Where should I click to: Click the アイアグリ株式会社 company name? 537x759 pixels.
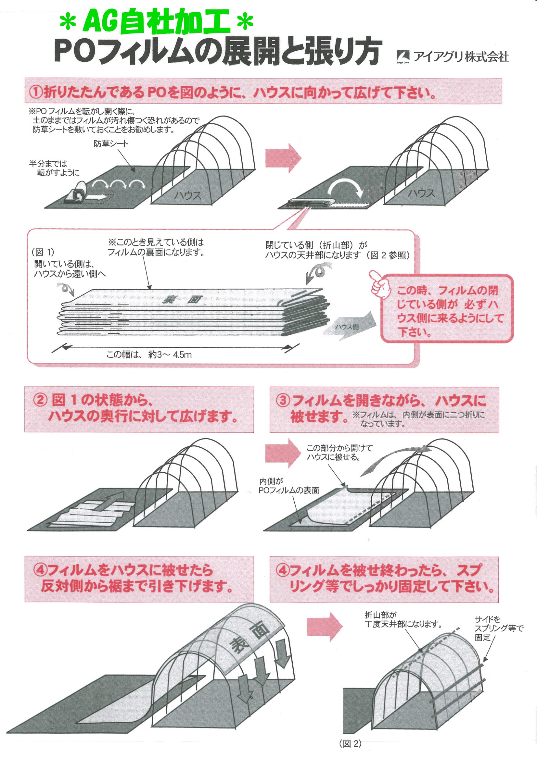pos(461,57)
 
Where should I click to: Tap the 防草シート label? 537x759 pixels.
pos(111,143)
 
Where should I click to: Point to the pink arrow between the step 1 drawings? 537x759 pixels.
pos(283,158)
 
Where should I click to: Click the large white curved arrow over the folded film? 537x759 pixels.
pos(345,187)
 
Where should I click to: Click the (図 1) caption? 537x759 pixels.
pos(43,252)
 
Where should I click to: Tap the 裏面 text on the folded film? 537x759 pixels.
pos(182,300)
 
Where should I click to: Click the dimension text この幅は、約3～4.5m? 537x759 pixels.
pos(148,355)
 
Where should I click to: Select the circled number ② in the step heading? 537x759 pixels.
pos(40,400)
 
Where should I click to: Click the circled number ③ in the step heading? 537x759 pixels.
pos(283,400)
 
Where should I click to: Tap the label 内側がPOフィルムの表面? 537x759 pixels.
pos(288,486)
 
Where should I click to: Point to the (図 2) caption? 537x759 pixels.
pos(350,743)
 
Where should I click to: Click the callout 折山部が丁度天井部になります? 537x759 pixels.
pos(403,619)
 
